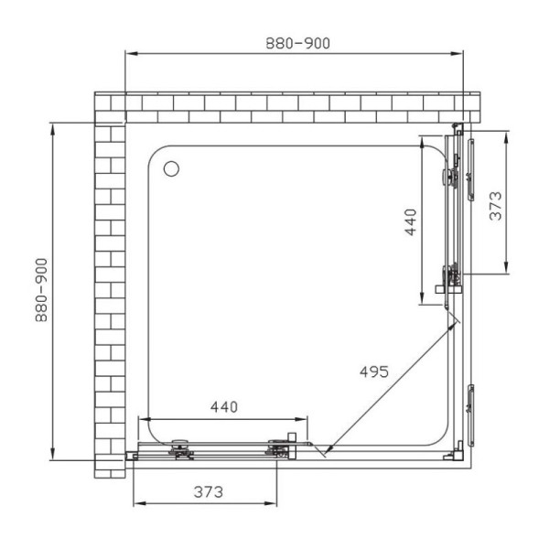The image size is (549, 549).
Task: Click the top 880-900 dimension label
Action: [x=297, y=43]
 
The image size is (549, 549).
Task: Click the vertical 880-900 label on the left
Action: [x=41, y=290]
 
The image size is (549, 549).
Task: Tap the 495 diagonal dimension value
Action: [x=374, y=371]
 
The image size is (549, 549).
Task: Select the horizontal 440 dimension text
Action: [x=224, y=407]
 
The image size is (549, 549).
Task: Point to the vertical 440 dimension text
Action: [x=410, y=222]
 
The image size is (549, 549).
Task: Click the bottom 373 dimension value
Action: [x=209, y=492]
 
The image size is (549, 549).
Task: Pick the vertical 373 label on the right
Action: [x=495, y=206]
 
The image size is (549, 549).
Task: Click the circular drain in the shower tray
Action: [x=171, y=168]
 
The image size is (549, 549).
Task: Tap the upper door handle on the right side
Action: [x=470, y=169]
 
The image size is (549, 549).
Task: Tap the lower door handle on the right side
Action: [x=470, y=415]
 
